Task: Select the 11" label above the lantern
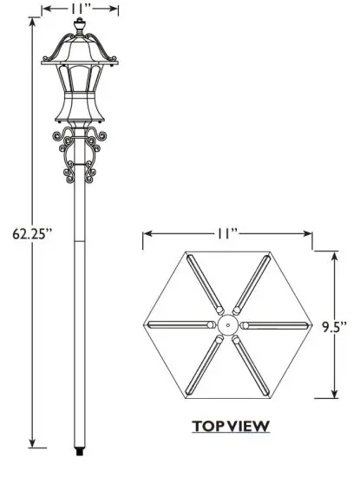pyautogui.click(x=80, y=9)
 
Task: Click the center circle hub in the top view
pyautogui.click(x=227, y=324)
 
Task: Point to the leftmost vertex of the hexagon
pyautogui.click(x=144, y=324)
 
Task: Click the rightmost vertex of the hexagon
pyautogui.click(x=311, y=324)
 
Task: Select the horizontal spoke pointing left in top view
pyautogui.click(x=181, y=324)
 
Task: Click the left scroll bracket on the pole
pyautogui.click(x=66, y=156)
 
